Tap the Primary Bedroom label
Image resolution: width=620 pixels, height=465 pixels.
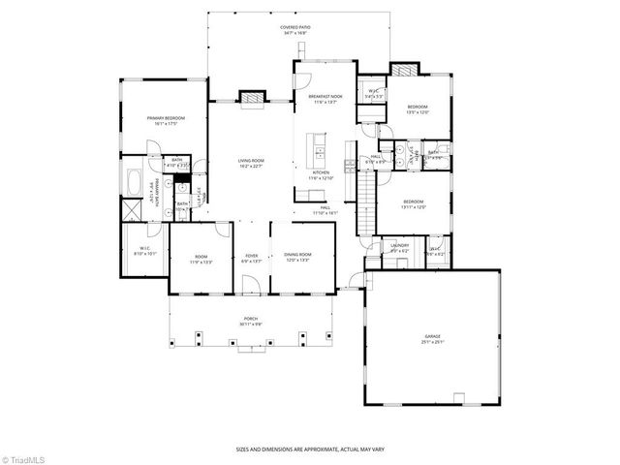(x=166, y=120)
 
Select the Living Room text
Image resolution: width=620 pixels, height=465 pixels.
(x=252, y=162)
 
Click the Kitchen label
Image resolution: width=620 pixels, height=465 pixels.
(x=321, y=175)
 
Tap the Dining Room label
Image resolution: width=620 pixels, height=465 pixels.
(x=297, y=258)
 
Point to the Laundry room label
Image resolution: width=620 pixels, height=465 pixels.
(x=400, y=247)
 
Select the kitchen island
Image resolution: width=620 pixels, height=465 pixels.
(x=317, y=147)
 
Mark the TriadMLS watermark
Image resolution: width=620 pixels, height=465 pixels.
(x=22, y=457)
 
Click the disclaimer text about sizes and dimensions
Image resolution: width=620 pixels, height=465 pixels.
(x=310, y=449)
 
